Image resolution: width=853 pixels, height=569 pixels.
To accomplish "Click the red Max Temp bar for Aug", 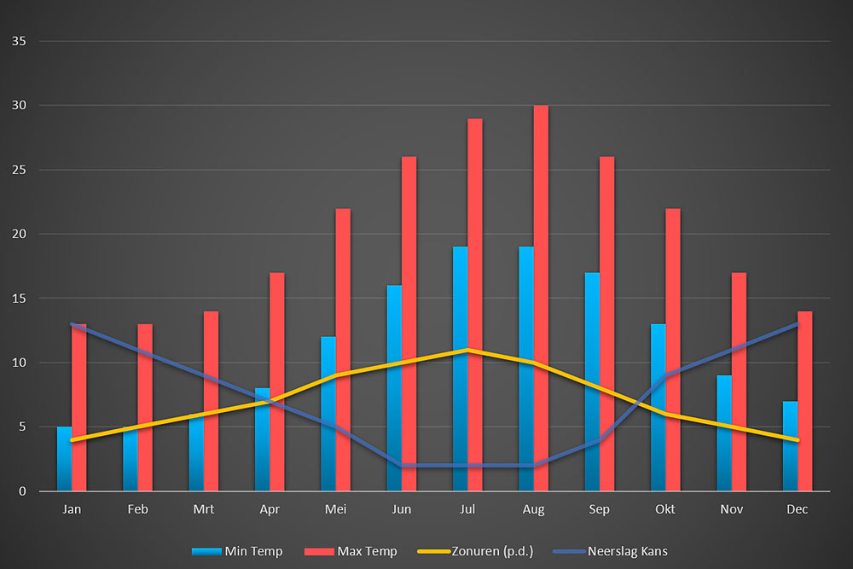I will coord(541,299).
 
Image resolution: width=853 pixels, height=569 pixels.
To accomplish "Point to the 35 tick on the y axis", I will coord(19,41).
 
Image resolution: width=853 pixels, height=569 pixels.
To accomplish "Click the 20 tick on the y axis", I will coord(19,234).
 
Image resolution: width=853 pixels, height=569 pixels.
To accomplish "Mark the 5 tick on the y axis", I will coord(22,427).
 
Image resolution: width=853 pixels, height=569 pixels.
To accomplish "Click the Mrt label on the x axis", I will coord(204,509).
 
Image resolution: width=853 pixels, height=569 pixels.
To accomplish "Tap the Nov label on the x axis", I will coord(731,509).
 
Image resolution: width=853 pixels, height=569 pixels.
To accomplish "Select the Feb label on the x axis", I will coord(138,509).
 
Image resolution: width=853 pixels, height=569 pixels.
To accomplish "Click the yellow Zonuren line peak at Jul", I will coord(467,350).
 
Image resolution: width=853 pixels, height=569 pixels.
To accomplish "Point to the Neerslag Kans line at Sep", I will coord(600,440).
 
